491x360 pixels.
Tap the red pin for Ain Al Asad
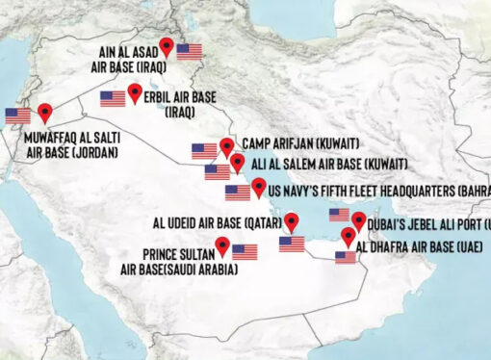coord(168,45)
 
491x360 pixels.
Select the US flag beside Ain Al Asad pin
coord(190,51)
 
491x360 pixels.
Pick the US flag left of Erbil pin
coord(113,97)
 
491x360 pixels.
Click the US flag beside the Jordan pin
coord(17,116)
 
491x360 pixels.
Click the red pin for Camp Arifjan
coord(226,146)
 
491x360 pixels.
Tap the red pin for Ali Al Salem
coord(237,162)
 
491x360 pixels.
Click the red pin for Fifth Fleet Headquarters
coord(258,185)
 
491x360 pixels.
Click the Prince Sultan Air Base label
coord(177,262)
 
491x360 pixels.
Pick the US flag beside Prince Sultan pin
coord(245,251)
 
